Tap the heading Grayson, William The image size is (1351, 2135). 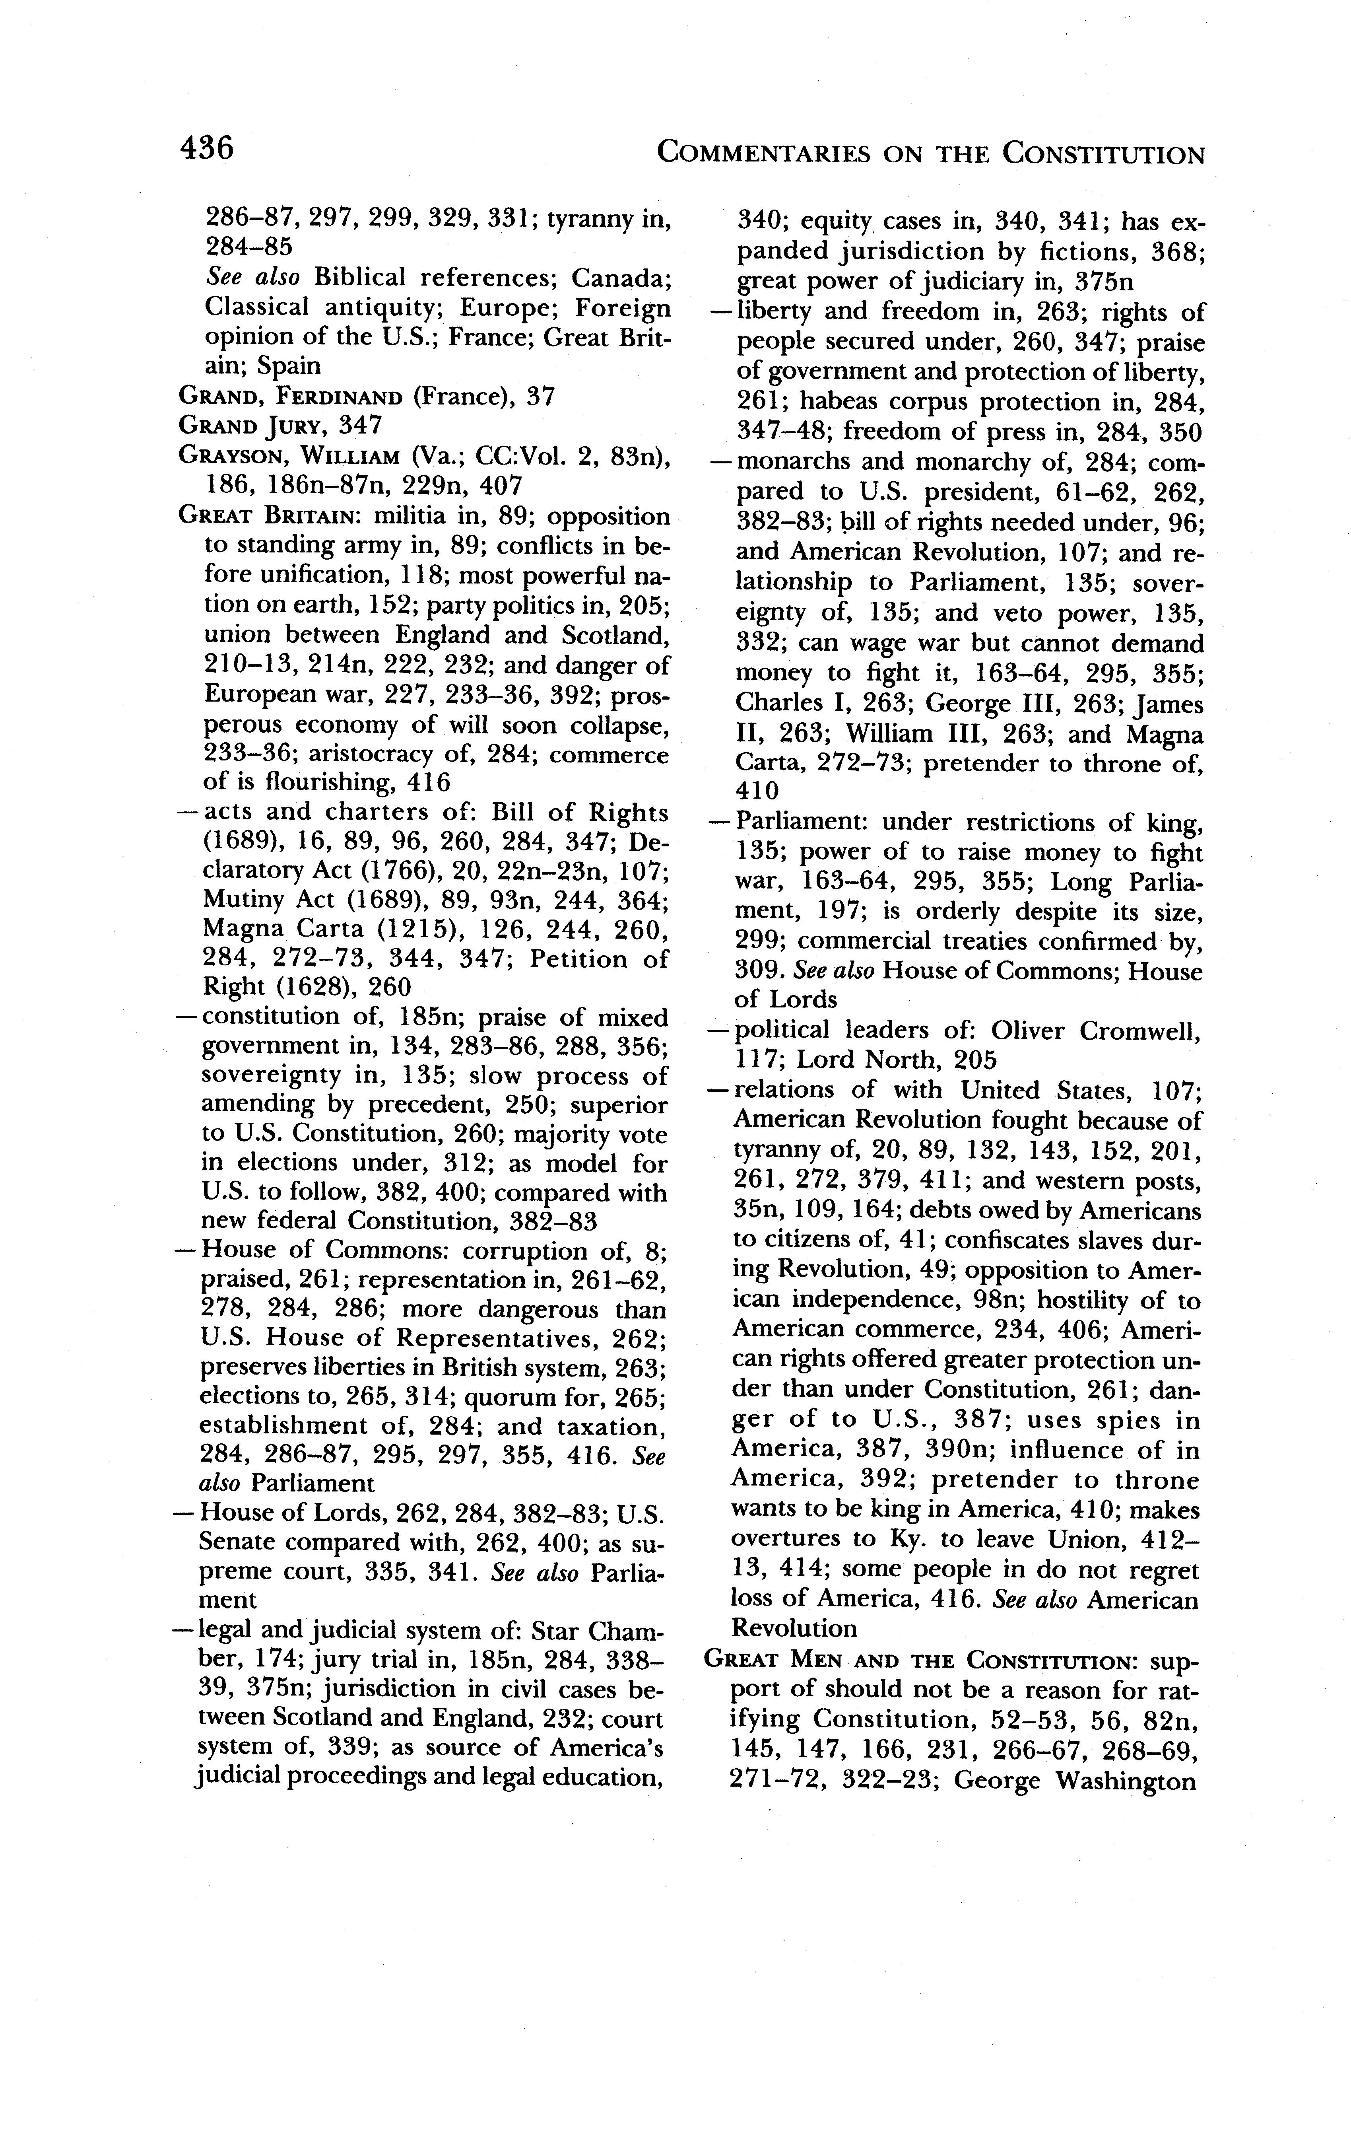[288, 457]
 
